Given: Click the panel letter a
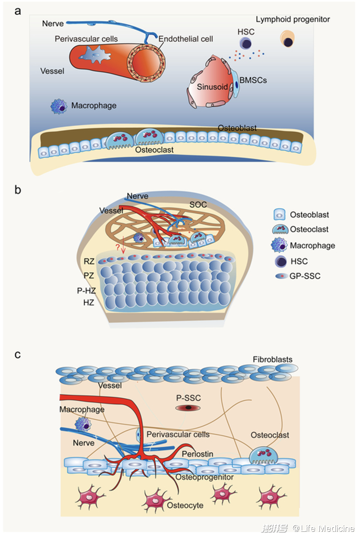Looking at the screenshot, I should coord(18,11).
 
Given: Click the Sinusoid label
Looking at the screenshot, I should coord(212,87).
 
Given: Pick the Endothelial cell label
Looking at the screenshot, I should coord(186,39).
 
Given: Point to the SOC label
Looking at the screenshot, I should coord(198,204).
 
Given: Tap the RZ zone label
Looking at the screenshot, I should coord(89,262).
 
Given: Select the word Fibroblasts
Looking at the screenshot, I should coord(273,359).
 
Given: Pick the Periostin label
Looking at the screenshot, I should coord(198,454).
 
